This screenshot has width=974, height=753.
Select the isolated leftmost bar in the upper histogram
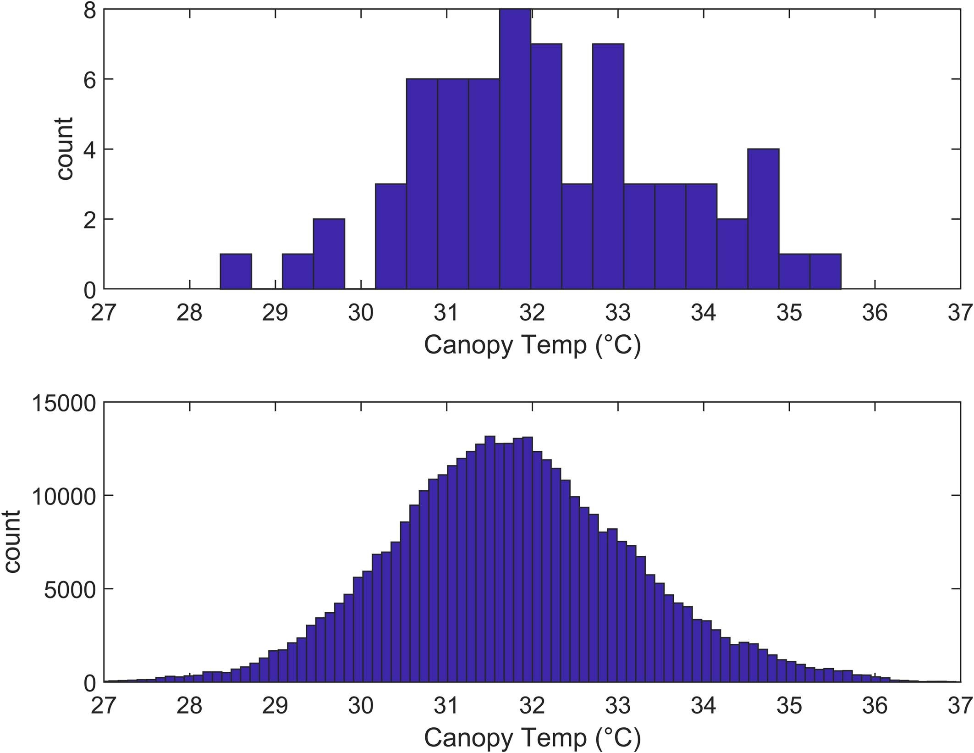coord(236,271)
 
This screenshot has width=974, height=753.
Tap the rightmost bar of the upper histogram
coord(825,271)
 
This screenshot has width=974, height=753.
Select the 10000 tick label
coord(64,496)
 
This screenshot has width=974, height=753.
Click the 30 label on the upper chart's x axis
coord(361,313)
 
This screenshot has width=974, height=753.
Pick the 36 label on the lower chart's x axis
coord(875,706)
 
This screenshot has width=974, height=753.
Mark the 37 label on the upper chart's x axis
coord(960,313)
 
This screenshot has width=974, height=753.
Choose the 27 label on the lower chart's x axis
coord(104,706)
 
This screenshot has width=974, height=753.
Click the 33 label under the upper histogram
coord(618,313)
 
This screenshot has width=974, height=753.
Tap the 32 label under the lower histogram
coord(532,706)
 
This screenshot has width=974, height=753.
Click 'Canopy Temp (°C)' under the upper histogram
coord(532,345)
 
